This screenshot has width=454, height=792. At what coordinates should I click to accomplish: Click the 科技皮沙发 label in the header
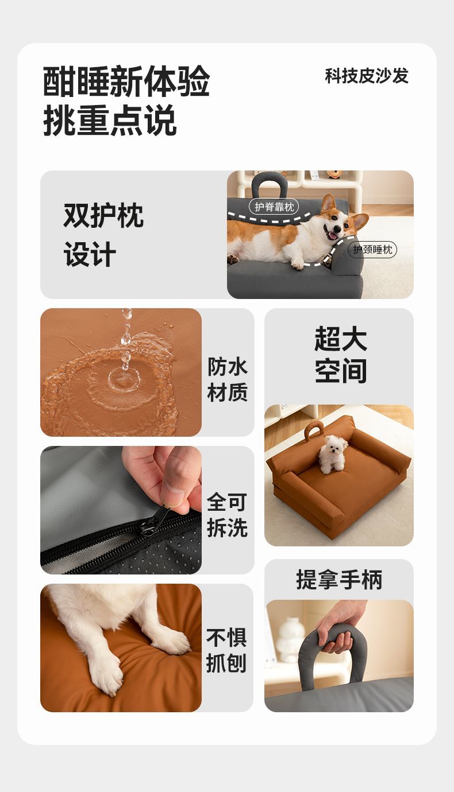click(x=367, y=76)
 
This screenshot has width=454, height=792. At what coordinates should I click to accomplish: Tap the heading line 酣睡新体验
click(x=126, y=81)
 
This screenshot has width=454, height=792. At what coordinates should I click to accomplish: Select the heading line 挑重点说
click(x=110, y=120)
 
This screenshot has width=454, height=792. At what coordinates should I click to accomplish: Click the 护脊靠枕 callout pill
click(x=274, y=207)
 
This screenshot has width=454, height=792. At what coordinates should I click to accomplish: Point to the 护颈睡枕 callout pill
click(x=372, y=250)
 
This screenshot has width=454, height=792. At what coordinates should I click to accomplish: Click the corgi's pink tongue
click(x=333, y=236)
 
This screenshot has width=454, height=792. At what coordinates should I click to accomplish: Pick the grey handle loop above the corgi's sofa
click(x=269, y=185)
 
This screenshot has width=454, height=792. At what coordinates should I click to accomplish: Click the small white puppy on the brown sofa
click(x=332, y=454)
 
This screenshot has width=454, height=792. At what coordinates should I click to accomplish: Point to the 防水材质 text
click(x=228, y=379)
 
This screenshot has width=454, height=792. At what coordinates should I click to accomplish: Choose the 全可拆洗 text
click(x=227, y=515)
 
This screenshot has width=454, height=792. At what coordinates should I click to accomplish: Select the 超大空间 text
click(x=340, y=355)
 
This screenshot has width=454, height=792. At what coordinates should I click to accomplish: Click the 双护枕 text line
click(x=103, y=215)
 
